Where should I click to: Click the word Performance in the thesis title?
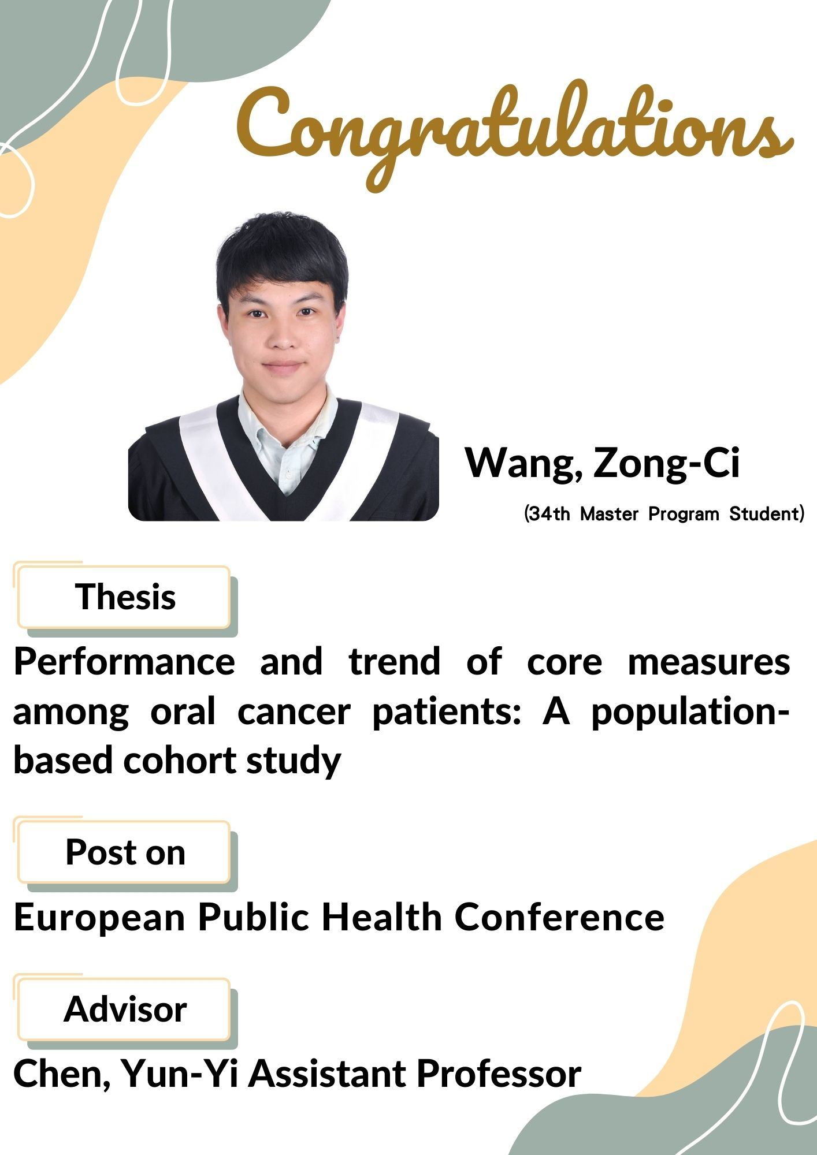click(124, 662)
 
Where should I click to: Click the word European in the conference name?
click(99, 918)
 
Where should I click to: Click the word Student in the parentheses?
click(763, 513)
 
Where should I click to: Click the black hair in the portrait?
click(282, 254)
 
